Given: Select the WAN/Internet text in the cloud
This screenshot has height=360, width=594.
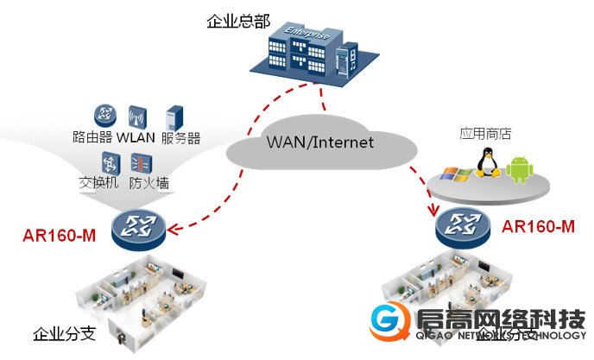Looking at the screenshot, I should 319,142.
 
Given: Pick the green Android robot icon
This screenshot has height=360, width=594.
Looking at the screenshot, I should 519,170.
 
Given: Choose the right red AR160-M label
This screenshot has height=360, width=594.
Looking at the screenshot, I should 538,227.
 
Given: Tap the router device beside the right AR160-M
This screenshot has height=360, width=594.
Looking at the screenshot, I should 463,228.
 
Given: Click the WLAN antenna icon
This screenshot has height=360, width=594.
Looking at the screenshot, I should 136,117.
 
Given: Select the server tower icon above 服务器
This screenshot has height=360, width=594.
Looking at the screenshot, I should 175,117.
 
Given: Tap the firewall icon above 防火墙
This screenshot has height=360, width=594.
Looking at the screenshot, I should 141,161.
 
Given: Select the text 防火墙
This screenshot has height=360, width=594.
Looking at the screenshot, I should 148,183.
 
